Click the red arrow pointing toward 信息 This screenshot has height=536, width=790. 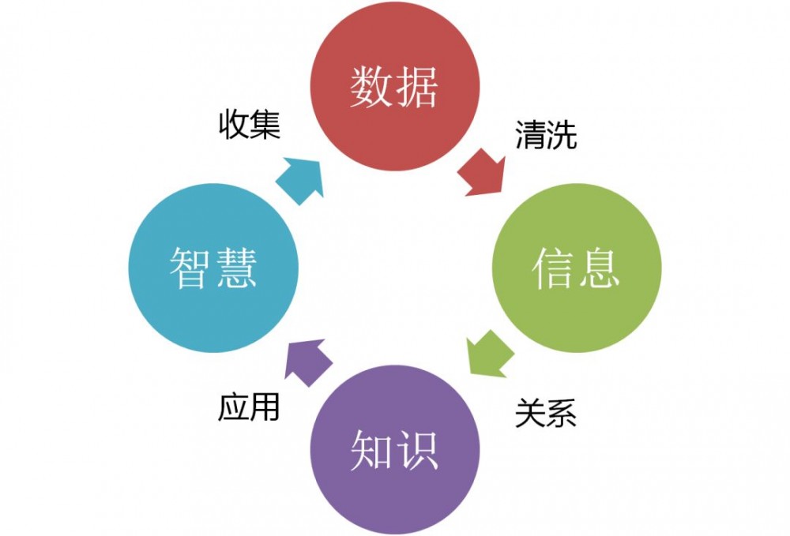483,173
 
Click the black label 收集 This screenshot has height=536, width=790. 249,126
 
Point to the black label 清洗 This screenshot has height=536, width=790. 546,135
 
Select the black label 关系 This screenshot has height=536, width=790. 545,412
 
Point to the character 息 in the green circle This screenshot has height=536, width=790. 598,268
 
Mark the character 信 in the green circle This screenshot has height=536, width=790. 553,268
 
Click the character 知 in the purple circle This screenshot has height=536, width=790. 371,451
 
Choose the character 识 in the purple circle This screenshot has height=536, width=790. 416,451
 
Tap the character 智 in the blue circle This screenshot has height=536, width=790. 190,268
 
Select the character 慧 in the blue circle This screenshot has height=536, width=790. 235,268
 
